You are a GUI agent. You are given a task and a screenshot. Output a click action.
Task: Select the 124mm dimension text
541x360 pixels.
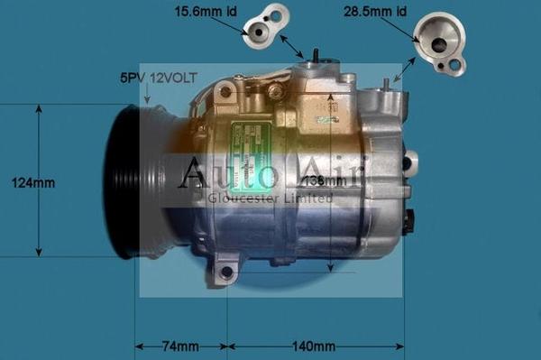pyautogui.click(x=32, y=183)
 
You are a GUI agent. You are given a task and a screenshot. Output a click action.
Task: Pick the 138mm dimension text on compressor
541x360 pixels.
pyautogui.click(x=326, y=182)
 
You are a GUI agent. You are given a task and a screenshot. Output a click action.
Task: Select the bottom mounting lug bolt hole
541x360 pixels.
pyautogui.click(x=226, y=272)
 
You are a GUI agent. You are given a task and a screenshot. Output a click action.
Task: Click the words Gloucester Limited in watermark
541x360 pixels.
pyautogui.click(x=269, y=198)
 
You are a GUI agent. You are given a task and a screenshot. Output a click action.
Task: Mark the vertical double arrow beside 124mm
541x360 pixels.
pyautogui.click(x=38, y=180)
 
